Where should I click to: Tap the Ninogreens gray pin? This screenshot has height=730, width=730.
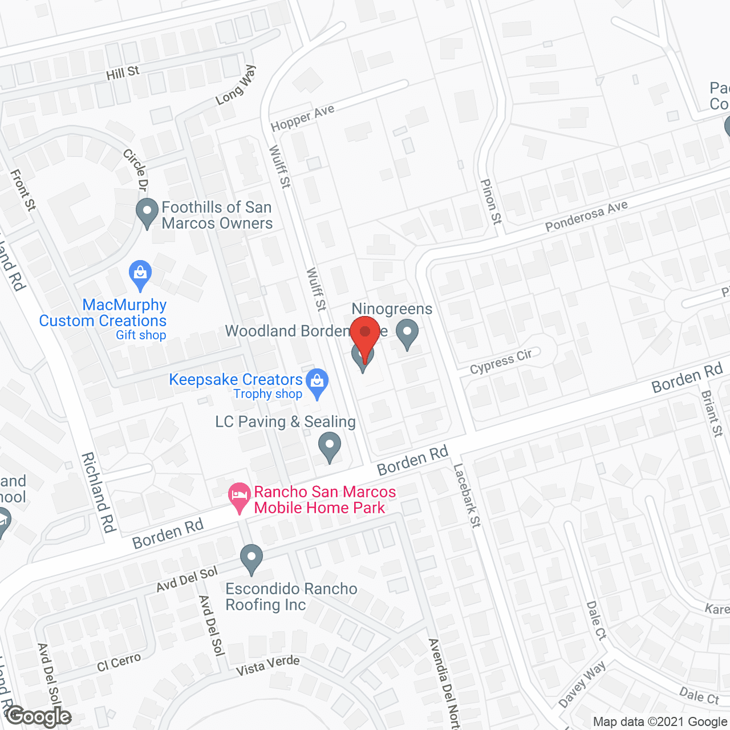[407, 333]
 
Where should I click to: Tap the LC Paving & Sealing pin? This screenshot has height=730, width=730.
[329, 446]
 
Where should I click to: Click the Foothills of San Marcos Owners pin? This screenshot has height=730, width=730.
[147, 212]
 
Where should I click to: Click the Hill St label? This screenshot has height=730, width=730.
[123, 73]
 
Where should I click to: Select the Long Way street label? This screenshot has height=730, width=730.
[236, 86]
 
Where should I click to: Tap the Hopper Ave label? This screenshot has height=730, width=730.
[302, 118]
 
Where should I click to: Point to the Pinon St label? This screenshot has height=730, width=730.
[490, 201]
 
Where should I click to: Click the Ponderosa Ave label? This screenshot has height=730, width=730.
[586, 216]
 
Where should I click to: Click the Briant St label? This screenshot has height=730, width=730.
[712, 413]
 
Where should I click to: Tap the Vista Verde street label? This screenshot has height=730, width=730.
[268, 665]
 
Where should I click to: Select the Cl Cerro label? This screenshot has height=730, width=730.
[119, 663]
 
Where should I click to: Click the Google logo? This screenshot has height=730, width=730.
[39, 716]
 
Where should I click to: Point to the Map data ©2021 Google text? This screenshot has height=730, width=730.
[660, 722]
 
